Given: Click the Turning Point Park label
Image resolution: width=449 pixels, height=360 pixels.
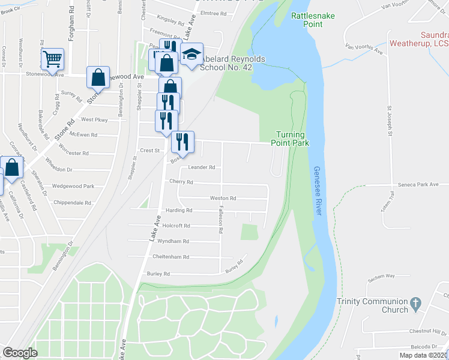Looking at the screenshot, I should [292, 139].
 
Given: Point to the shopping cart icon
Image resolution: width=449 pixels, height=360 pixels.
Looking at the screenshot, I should [52, 59].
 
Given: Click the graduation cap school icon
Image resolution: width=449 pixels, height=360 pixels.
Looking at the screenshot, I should [192, 55].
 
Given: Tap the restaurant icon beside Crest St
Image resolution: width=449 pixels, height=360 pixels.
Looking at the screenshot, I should [182, 142].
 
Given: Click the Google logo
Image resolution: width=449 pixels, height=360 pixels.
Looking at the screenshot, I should [20, 353].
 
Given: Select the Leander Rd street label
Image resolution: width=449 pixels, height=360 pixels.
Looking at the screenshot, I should [201, 167].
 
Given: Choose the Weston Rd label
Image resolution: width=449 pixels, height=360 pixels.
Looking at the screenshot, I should [223, 198].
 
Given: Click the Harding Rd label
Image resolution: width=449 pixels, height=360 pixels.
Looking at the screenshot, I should [179, 211].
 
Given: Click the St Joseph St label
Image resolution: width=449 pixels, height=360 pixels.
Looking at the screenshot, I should [389, 121].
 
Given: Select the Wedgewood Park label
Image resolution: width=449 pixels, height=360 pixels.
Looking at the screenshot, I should [73, 187].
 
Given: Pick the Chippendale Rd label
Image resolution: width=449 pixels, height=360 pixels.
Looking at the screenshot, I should [71, 203].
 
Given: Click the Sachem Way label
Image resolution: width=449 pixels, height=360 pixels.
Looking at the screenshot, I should [381, 276].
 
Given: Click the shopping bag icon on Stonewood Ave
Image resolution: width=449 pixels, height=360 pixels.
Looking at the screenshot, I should [98, 77].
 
